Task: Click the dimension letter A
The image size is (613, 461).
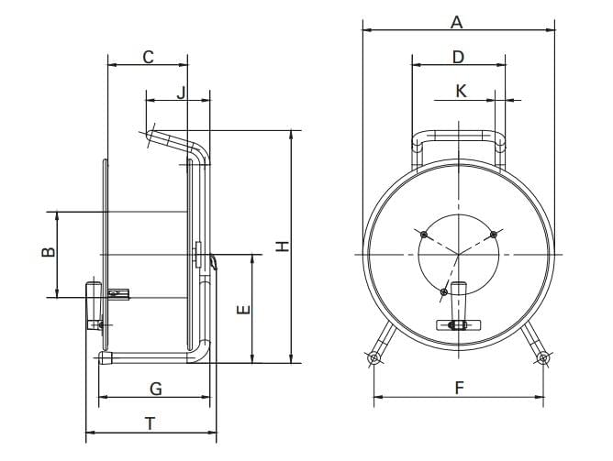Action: click(456, 22)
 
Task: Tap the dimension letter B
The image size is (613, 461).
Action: click(49, 252)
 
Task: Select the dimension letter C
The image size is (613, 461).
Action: click(148, 57)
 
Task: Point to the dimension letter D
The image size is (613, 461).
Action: click(458, 57)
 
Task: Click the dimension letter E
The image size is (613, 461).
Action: click(243, 310)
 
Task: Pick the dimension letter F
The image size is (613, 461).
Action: click(460, 389)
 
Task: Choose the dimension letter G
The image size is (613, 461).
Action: click(156, 389)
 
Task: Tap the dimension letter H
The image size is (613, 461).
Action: click(282, 246)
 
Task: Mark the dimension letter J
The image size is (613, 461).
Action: click(180, 93)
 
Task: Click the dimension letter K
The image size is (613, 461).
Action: click(462, 92)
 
